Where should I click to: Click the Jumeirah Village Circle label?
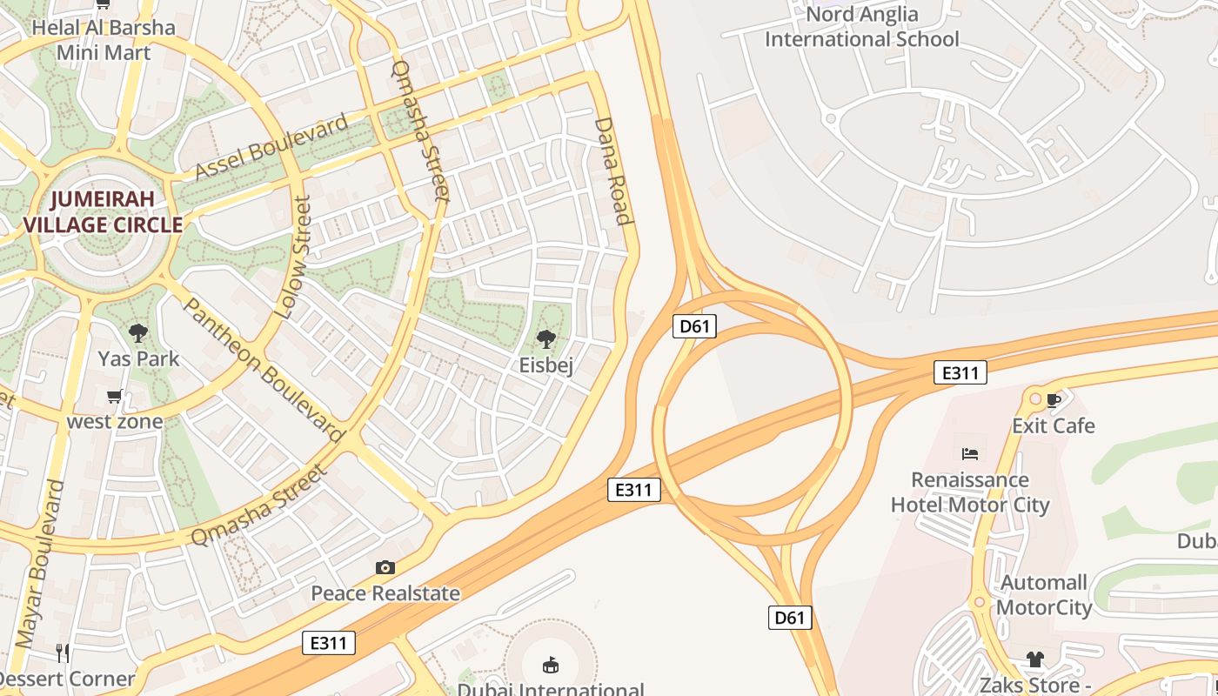coord(103,211)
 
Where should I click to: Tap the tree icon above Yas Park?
coord(137,332)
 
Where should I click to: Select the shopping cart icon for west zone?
coord(114,397)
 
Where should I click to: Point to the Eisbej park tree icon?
coord(546,339)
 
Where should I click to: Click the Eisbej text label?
coord(546,365)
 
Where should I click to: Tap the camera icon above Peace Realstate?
coord(385,567)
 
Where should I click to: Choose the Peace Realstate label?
coord(385,593)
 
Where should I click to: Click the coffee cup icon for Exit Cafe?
coord(1054,400)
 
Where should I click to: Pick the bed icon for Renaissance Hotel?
coord(970,453)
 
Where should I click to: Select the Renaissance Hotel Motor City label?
coord(970,492)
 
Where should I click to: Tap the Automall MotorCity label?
coord(1044,595)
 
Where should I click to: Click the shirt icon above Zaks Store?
coord(1034,659)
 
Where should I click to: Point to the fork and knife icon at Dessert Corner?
coord(63,652)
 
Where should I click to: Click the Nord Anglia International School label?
coord(861,27)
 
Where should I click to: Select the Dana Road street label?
coord(612,171)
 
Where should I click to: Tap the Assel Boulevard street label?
coord(271,145)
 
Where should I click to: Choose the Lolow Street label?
coord(292,257)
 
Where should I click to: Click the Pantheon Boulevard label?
coord(264,369)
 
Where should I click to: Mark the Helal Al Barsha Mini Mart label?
coord(104,40)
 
